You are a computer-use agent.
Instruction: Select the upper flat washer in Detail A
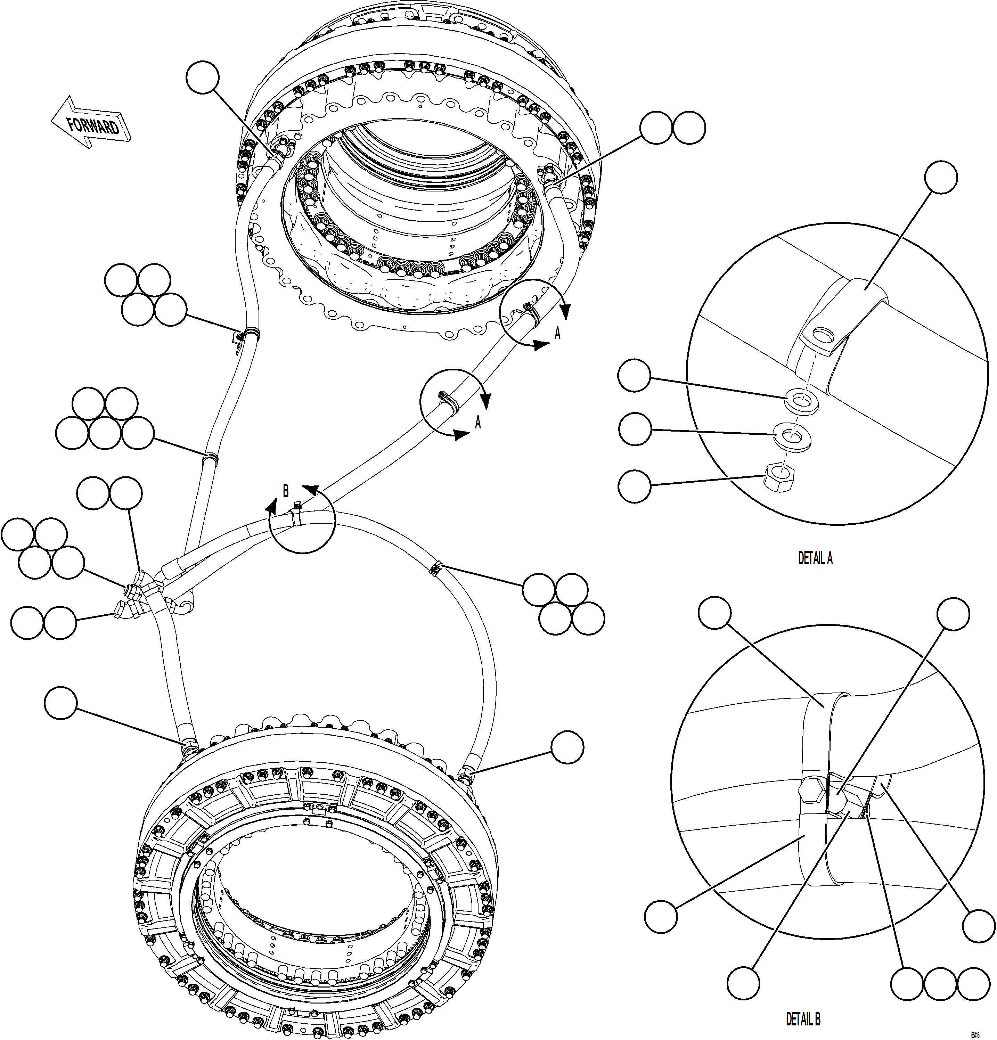(x=801, y=399)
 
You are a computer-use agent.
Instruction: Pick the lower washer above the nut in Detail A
(x=792, y=436)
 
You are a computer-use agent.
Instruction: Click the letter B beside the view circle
(x=285, y=491)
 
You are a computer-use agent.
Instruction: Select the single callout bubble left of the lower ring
(x=61, y=704)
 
